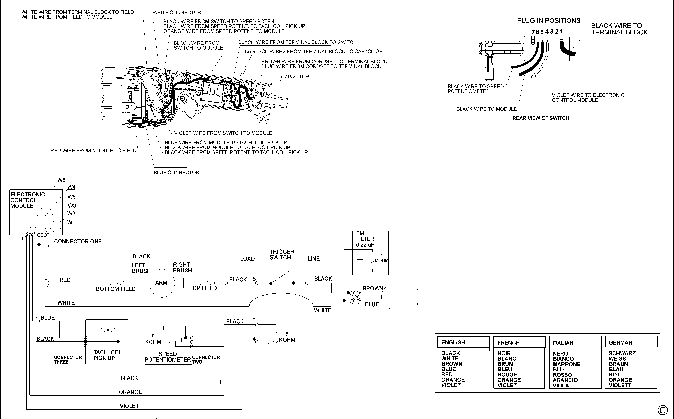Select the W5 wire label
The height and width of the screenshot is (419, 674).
[61, 180]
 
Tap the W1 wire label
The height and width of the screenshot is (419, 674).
[71, 222]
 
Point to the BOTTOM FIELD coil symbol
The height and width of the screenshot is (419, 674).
[117, 283]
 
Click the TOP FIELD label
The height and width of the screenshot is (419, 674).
[203, 288]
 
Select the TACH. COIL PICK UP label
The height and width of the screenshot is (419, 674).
[108, 355]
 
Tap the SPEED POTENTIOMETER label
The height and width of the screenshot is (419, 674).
[168, 357]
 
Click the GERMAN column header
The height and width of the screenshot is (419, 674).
[620, 343]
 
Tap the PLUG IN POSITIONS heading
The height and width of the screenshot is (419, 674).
[548, 21]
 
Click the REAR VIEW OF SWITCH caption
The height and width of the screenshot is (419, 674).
[540, 118]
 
